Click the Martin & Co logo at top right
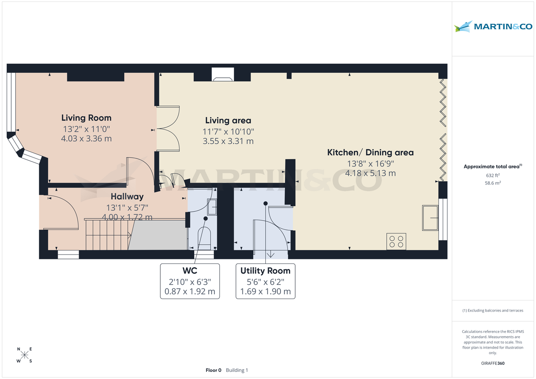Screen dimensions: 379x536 493,26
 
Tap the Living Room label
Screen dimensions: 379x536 86,118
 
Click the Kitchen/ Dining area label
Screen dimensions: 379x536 370,152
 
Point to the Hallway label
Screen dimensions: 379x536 127,196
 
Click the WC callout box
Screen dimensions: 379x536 190,281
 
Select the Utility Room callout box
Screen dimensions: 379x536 265,281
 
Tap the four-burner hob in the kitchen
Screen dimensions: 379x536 396,242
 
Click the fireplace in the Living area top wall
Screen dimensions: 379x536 222,75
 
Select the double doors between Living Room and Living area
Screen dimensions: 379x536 167,129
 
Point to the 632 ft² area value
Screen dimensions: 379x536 493,175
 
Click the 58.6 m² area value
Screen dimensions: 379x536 493,183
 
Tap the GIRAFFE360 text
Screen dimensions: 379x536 493,363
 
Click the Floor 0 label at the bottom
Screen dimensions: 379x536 214,370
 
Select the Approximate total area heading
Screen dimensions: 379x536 492,167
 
